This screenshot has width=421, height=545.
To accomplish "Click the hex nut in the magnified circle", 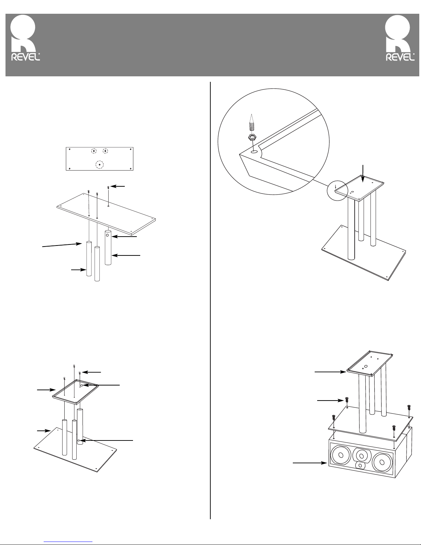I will pos(251,137).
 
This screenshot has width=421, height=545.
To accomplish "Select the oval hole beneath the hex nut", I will pos(254,151).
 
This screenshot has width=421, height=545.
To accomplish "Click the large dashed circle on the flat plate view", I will pos(99,165).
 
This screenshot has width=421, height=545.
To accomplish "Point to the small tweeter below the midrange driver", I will pos(359,466).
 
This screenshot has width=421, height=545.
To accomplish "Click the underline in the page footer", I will pos(69,541).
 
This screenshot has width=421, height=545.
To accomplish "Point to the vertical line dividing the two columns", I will pos(210,299).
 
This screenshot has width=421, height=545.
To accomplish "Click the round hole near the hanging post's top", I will pos(107,236).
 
